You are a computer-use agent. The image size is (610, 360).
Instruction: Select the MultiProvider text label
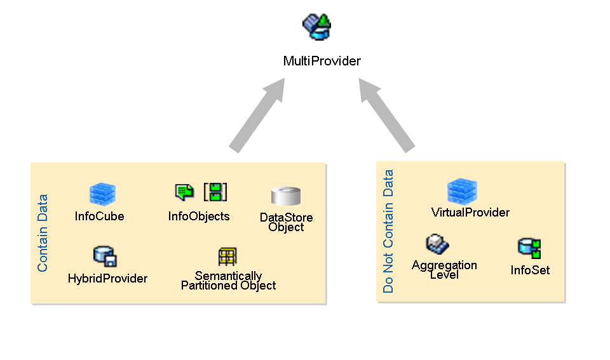coord(322,61)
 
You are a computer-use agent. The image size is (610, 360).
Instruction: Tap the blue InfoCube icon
coord(102,194)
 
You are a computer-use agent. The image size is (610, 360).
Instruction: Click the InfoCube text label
coord(100,216)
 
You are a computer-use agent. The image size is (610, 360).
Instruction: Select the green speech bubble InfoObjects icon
coord(184,192)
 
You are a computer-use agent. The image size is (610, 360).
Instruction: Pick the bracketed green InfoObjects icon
coord(215,192)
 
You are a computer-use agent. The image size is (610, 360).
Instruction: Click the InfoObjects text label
coord(199,216)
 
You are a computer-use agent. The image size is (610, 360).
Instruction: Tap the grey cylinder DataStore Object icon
coord(285,197)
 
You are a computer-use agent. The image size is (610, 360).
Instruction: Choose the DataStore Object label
coord(286,222)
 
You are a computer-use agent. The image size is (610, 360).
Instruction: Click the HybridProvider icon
coord(105,257)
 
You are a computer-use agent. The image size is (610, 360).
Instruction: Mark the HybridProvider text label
coord(107,278)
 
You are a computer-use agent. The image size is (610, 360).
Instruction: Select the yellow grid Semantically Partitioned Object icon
coord(227,257)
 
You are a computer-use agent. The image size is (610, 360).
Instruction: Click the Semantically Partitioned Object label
coord(228,281)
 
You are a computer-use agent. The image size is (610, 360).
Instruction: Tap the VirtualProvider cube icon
coord(462,191)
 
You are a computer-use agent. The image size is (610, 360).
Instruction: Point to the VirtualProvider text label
coord(470,212)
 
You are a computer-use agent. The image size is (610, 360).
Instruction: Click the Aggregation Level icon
coord(438,244)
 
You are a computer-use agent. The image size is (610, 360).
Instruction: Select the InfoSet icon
coord(529,248)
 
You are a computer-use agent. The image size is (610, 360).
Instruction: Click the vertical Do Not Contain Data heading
coord(388,231)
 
